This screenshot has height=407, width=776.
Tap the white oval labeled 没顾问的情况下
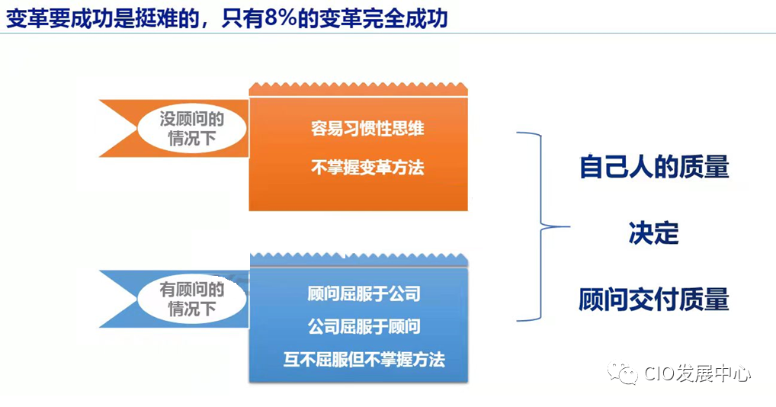[192, 129]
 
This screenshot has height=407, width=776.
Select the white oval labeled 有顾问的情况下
[192, 299]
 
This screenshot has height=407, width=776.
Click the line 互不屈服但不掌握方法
[364, 359]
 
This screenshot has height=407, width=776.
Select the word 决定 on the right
[653, 232]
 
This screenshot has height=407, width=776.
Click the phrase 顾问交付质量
[653, 299]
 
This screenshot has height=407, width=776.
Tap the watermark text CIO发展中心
[697, 373]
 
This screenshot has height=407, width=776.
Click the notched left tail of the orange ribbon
[114, 129]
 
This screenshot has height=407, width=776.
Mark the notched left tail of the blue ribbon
[114, 299]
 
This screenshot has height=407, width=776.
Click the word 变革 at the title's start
[23, 18]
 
